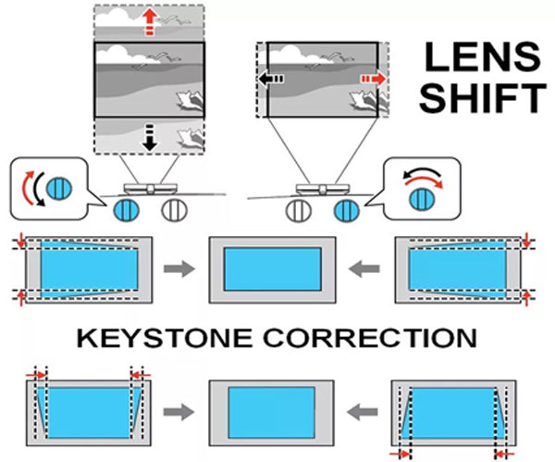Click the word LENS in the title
pos(483,57)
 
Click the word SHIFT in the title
pos(483,98)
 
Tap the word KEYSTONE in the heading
pos(165,338)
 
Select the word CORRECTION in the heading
pos(370,338)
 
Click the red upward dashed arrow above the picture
pos(151,22)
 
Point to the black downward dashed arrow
pos(150,137)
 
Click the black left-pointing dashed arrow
pos(271,79)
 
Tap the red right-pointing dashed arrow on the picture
pos(374,79)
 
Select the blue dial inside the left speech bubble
pos(59,188)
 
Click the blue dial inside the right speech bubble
pos(422,200)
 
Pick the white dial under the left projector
pos(174,210)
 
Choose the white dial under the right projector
pos(298,210)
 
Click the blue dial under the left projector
pos(126,210)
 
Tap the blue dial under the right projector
pos(347,210)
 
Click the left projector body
pos(151,189)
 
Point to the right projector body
pos(323,190)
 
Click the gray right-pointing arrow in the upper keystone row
pos(179,268)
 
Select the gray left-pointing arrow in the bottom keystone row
pos(362,412)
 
